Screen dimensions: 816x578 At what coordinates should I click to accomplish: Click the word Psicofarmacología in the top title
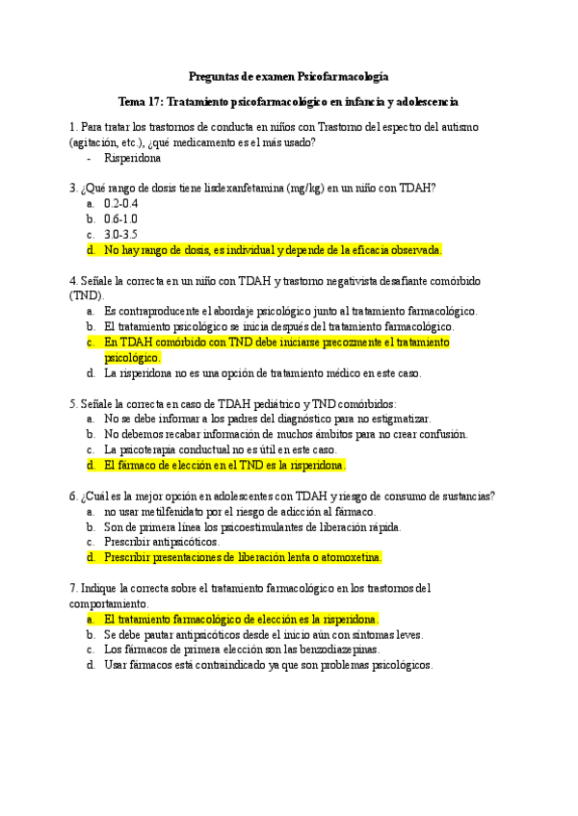point(345,76)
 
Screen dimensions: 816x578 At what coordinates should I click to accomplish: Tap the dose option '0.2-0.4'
point(121,204)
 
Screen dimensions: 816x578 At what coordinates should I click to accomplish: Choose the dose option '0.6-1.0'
point(121,218)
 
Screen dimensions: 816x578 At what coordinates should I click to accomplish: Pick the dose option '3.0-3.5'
point(121,234)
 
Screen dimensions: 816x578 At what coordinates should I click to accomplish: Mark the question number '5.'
point(73,403)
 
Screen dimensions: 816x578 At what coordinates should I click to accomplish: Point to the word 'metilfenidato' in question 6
point(160,511)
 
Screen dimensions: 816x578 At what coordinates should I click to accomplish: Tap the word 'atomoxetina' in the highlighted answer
point(351,557)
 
